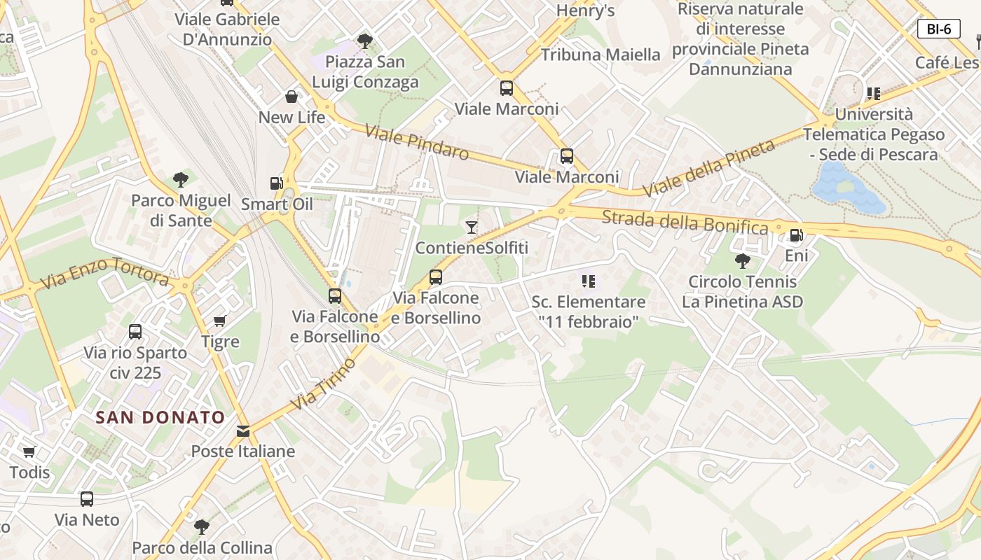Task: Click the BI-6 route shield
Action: click(938, 29)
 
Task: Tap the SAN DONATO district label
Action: click(160, 418)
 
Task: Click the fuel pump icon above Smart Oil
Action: click(277, 183)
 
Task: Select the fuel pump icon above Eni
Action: click(796, 235)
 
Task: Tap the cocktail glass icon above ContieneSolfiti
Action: click(471, 227)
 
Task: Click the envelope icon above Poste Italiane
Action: click(243, 431)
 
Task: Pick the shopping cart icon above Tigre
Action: click(220, 321)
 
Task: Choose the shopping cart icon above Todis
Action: click(29, 452)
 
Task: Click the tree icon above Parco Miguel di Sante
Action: click(181, 180)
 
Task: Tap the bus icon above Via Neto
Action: click(87, 499)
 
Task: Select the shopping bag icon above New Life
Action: click(291, 97)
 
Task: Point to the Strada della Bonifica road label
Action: click(685, 222)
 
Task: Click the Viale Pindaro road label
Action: click(416, 142)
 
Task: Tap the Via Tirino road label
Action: click(323, 383)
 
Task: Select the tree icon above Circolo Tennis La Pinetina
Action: click(743, 261)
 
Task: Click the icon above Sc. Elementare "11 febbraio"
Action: click(589, 281)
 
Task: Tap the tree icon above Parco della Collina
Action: click(202, 526)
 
